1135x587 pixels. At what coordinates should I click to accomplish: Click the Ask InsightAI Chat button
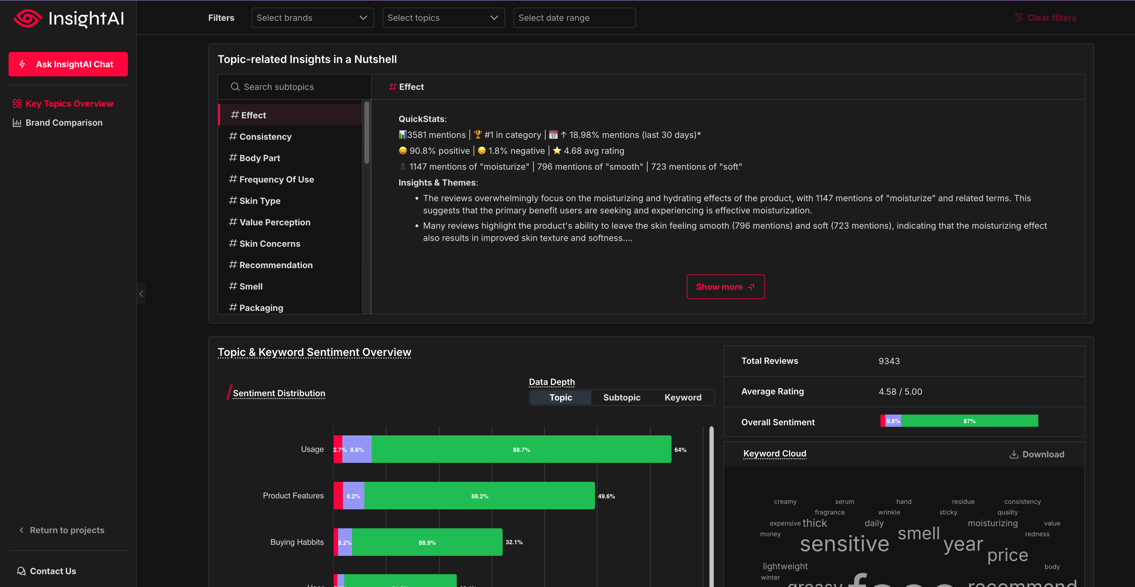coord(68,64)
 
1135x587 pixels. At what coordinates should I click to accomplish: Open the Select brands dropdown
coord(312,18)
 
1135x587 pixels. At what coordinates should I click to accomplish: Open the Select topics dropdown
coord(443,18)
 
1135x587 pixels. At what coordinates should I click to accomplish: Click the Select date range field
coord(574,18)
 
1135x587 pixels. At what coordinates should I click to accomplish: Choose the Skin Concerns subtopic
coord(269,244)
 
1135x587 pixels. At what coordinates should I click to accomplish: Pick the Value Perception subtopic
coord(274,222)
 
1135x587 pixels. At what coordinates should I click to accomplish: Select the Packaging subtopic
coord(261,307)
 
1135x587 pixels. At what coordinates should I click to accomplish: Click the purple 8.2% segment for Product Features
coord(353,496)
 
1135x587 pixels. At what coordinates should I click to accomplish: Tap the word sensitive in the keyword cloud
coord(844,544)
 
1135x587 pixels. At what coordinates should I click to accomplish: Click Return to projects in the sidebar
coord(66,530)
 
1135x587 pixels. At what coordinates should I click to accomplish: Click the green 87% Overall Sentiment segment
coord(969,421)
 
